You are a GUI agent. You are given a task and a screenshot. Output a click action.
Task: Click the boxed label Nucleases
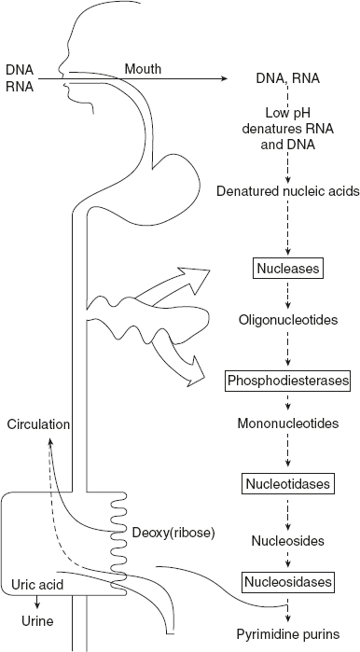(x=287, y=270)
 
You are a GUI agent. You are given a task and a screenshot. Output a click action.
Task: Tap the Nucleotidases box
(x=287, y=485)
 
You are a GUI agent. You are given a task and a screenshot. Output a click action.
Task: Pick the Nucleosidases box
(x=287, y=583)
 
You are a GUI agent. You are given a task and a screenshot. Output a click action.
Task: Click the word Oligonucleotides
(x=287, y=320)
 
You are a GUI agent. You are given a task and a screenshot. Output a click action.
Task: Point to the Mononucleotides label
(x=287, y=423)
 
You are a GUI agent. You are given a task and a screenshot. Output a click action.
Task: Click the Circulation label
(x=38, y=424)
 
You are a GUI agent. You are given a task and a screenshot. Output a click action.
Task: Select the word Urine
(x=36, y=618)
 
